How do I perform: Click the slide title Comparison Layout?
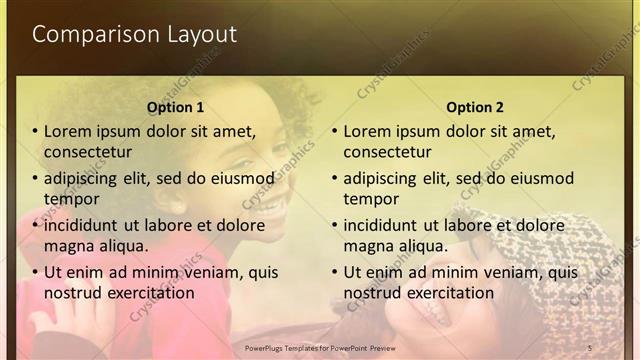pyautogui.click(x=134, y=34)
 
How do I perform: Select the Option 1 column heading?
pyautogui.click(x=175, y=107)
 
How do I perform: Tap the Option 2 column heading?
pyautogui.click(x=475, y=107)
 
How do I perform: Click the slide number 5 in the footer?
pyautogui.click(x=590, y=347)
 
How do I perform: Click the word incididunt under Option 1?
pyautogui.click(x=85, y=226)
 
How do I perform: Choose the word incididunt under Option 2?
pyautogui.click(x=385, y=226)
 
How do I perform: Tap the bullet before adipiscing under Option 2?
pyautogui.click(x=335, y=179)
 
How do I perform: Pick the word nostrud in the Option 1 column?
pyautogui.click(x=71, y=293)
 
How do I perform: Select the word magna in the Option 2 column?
pyautogui.click(x=370, y=246)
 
